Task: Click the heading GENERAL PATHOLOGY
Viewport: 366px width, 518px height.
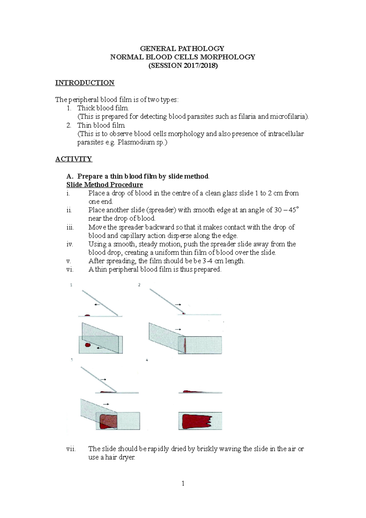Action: pos(182,49)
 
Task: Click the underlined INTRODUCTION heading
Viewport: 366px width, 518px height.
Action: pos(85,83)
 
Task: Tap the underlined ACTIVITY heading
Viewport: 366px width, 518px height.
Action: pos(74,159)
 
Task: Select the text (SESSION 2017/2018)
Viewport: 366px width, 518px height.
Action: pos(183,66)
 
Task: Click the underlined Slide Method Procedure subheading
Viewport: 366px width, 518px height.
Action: pos(105,185)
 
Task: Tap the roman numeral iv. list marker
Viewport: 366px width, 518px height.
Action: pos(70,244)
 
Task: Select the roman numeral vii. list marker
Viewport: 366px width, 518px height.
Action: pos(71,449)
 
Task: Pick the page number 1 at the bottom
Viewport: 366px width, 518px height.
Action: pos(183,484)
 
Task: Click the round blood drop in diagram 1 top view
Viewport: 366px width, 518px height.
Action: pos(88,345)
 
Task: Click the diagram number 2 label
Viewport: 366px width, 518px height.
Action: pos(139,285)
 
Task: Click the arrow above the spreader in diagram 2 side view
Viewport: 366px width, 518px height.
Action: pos(178,304)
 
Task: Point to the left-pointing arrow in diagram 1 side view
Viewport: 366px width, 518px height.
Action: pos(97,304)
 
